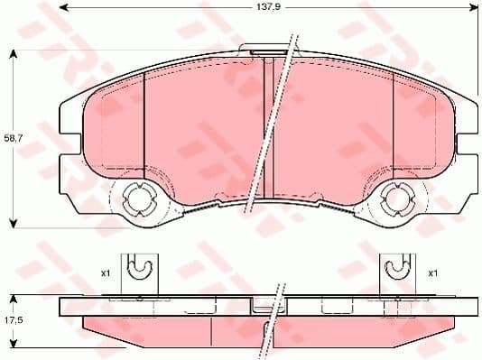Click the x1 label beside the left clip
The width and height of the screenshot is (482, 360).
(105, 272)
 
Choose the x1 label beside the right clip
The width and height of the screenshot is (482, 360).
(432, 272)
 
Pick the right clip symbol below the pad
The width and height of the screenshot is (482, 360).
(394, 266)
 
